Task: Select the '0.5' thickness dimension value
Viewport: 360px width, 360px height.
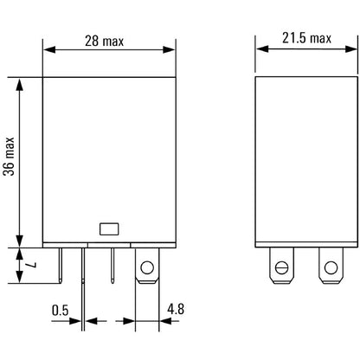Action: pyautogui.click(x=60, y=309)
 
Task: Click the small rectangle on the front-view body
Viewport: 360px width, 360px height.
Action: pyautogui.click(x=111, y=229)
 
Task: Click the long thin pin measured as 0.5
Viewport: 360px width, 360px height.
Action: pyautogui.click(x=84, y=286)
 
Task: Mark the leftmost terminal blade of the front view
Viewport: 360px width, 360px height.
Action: pyautogui.click(x=61, y=266)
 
